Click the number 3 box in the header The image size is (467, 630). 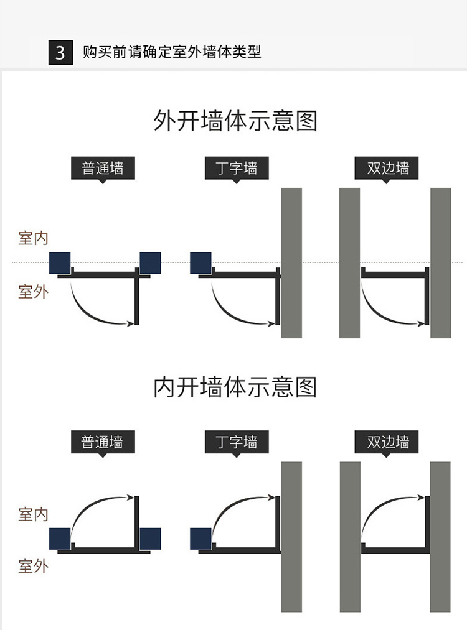click(x=60, y=52)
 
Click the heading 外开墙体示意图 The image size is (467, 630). click(x=235, y=121)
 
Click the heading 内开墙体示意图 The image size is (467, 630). click(x=235, y=387)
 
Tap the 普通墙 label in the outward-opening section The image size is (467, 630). click(x=102, y=168)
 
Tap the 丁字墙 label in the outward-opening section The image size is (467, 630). click(x=237, y=168)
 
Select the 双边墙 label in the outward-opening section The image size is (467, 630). click(x=387, y=168)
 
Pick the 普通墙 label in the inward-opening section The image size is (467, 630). click(x=102, y=442)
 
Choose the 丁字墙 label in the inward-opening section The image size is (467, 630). click(x=237, y=442)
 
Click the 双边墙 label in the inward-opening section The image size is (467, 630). click(x=387, y=442)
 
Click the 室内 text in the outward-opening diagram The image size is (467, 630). click(x=33, y=238)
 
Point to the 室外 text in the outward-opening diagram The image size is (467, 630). click(x=33, y=291)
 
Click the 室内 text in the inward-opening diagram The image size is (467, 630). click(x=33, y=514)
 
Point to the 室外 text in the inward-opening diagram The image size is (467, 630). click(x=33, y=567)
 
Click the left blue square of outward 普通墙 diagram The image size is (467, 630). click(x=60, y=262)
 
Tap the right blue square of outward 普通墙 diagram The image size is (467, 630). click(x=150, y=262)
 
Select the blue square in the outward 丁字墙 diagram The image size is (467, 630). click(x=200, y=262)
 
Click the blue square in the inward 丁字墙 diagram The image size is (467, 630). click(x=200, y=538)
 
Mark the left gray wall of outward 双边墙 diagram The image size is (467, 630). click(x=349, y=262)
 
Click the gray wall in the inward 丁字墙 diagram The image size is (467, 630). click(x=291, y=536)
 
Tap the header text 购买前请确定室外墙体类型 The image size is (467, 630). click(x=172, y=52)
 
